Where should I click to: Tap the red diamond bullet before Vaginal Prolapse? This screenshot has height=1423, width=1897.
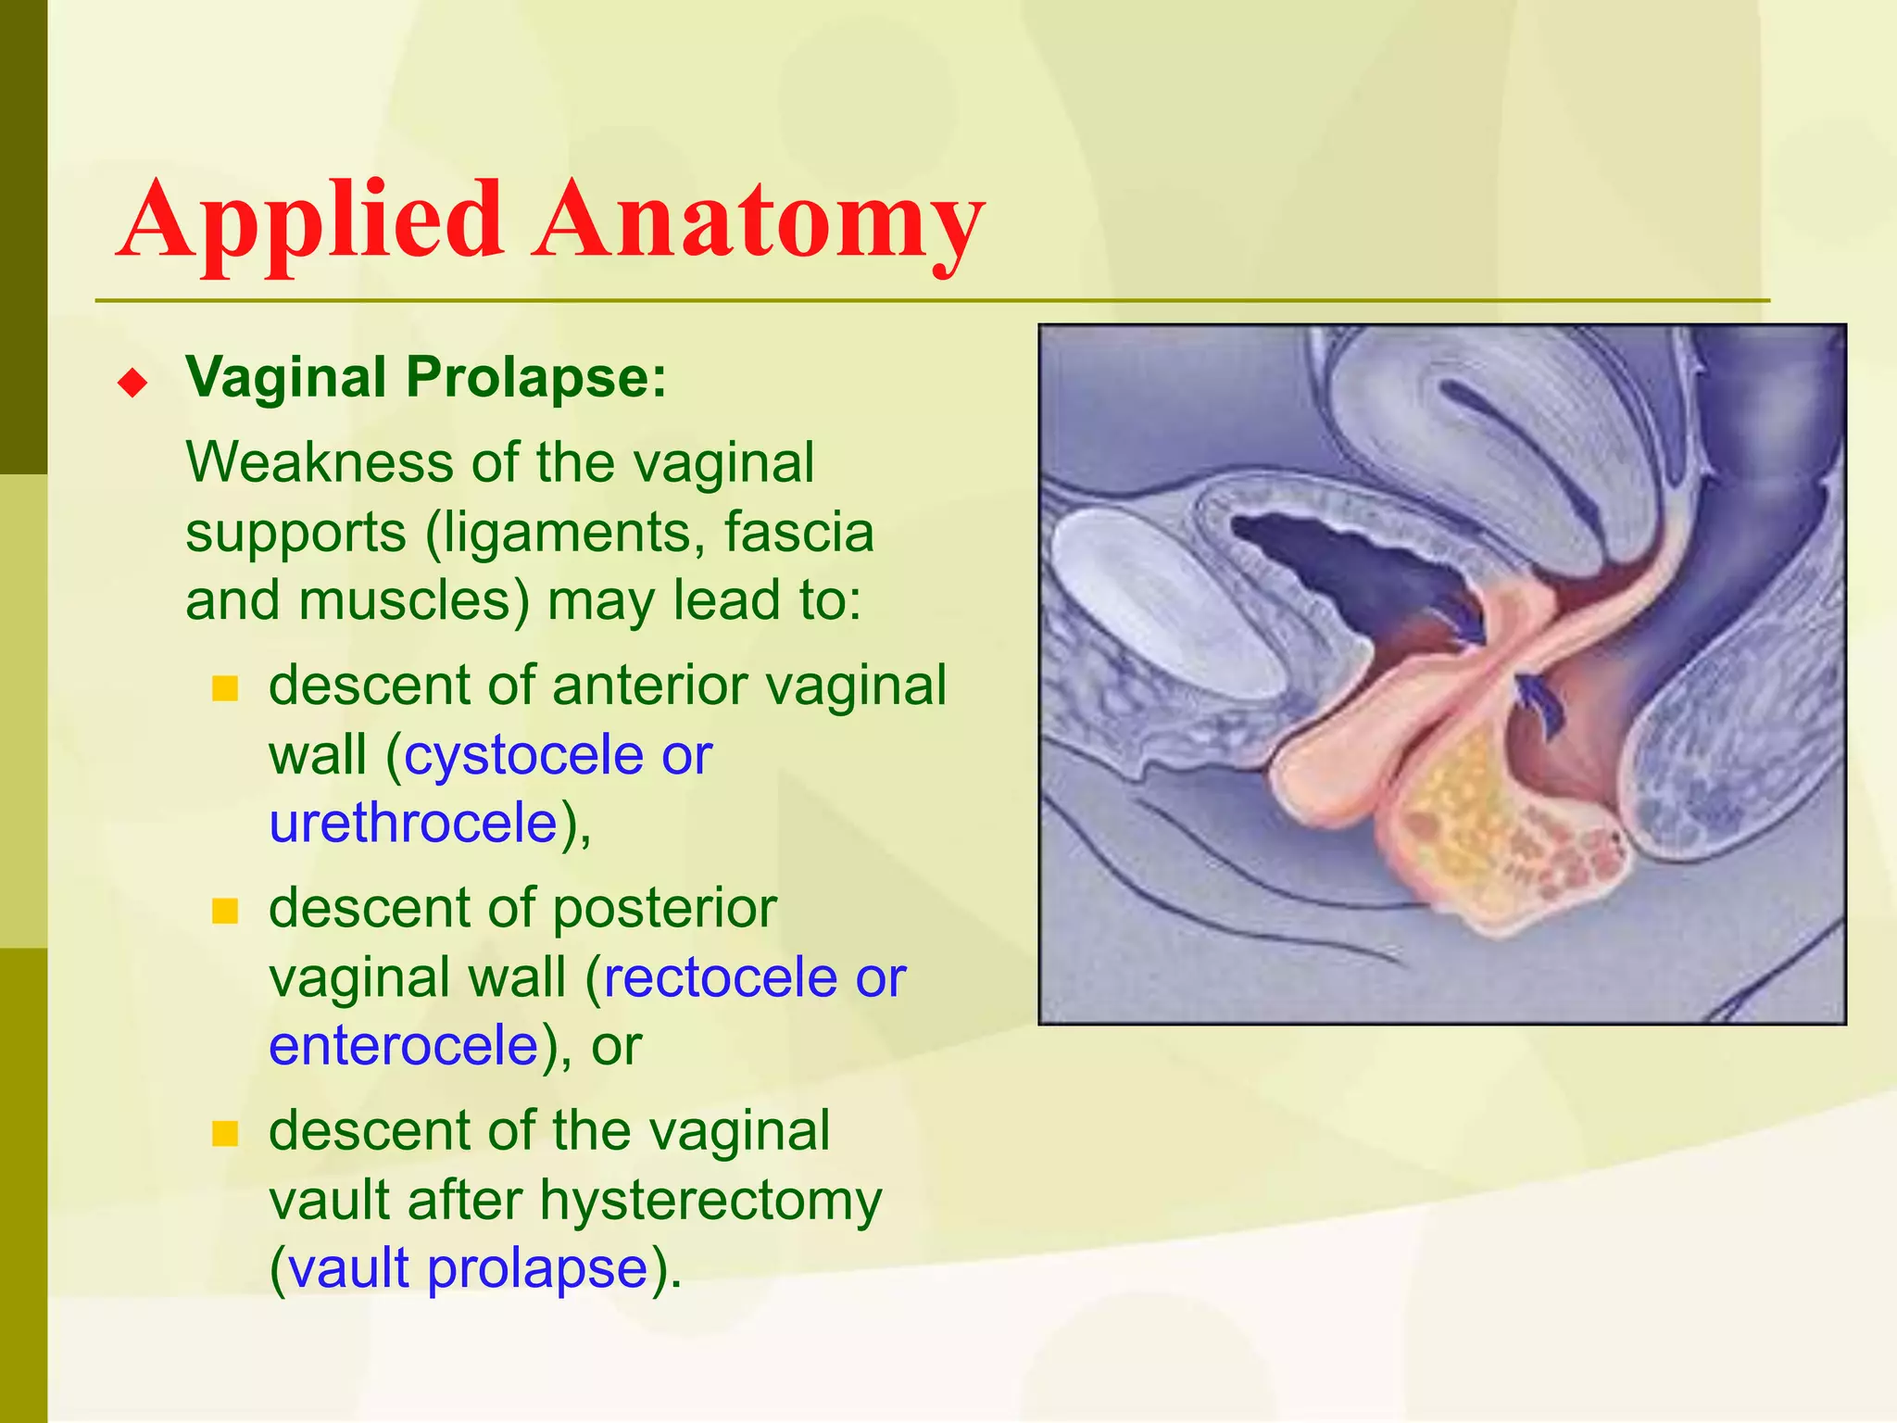(x=133, y=382)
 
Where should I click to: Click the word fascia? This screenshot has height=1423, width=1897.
(x=798, y=533)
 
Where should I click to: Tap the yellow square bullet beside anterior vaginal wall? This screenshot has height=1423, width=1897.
(x=225, y=688)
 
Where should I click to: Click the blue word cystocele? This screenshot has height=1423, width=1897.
(x=523, y=755)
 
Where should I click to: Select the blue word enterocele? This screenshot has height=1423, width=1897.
(x=404, y=1045)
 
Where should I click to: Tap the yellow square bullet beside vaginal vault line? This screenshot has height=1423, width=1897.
(x=225, y=1133)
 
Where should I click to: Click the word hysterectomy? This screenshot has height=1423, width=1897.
(x=710, y=1201)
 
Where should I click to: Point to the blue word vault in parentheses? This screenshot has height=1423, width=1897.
(x=348, y=1267)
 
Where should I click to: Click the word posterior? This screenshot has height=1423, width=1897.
(x=663, y=908)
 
